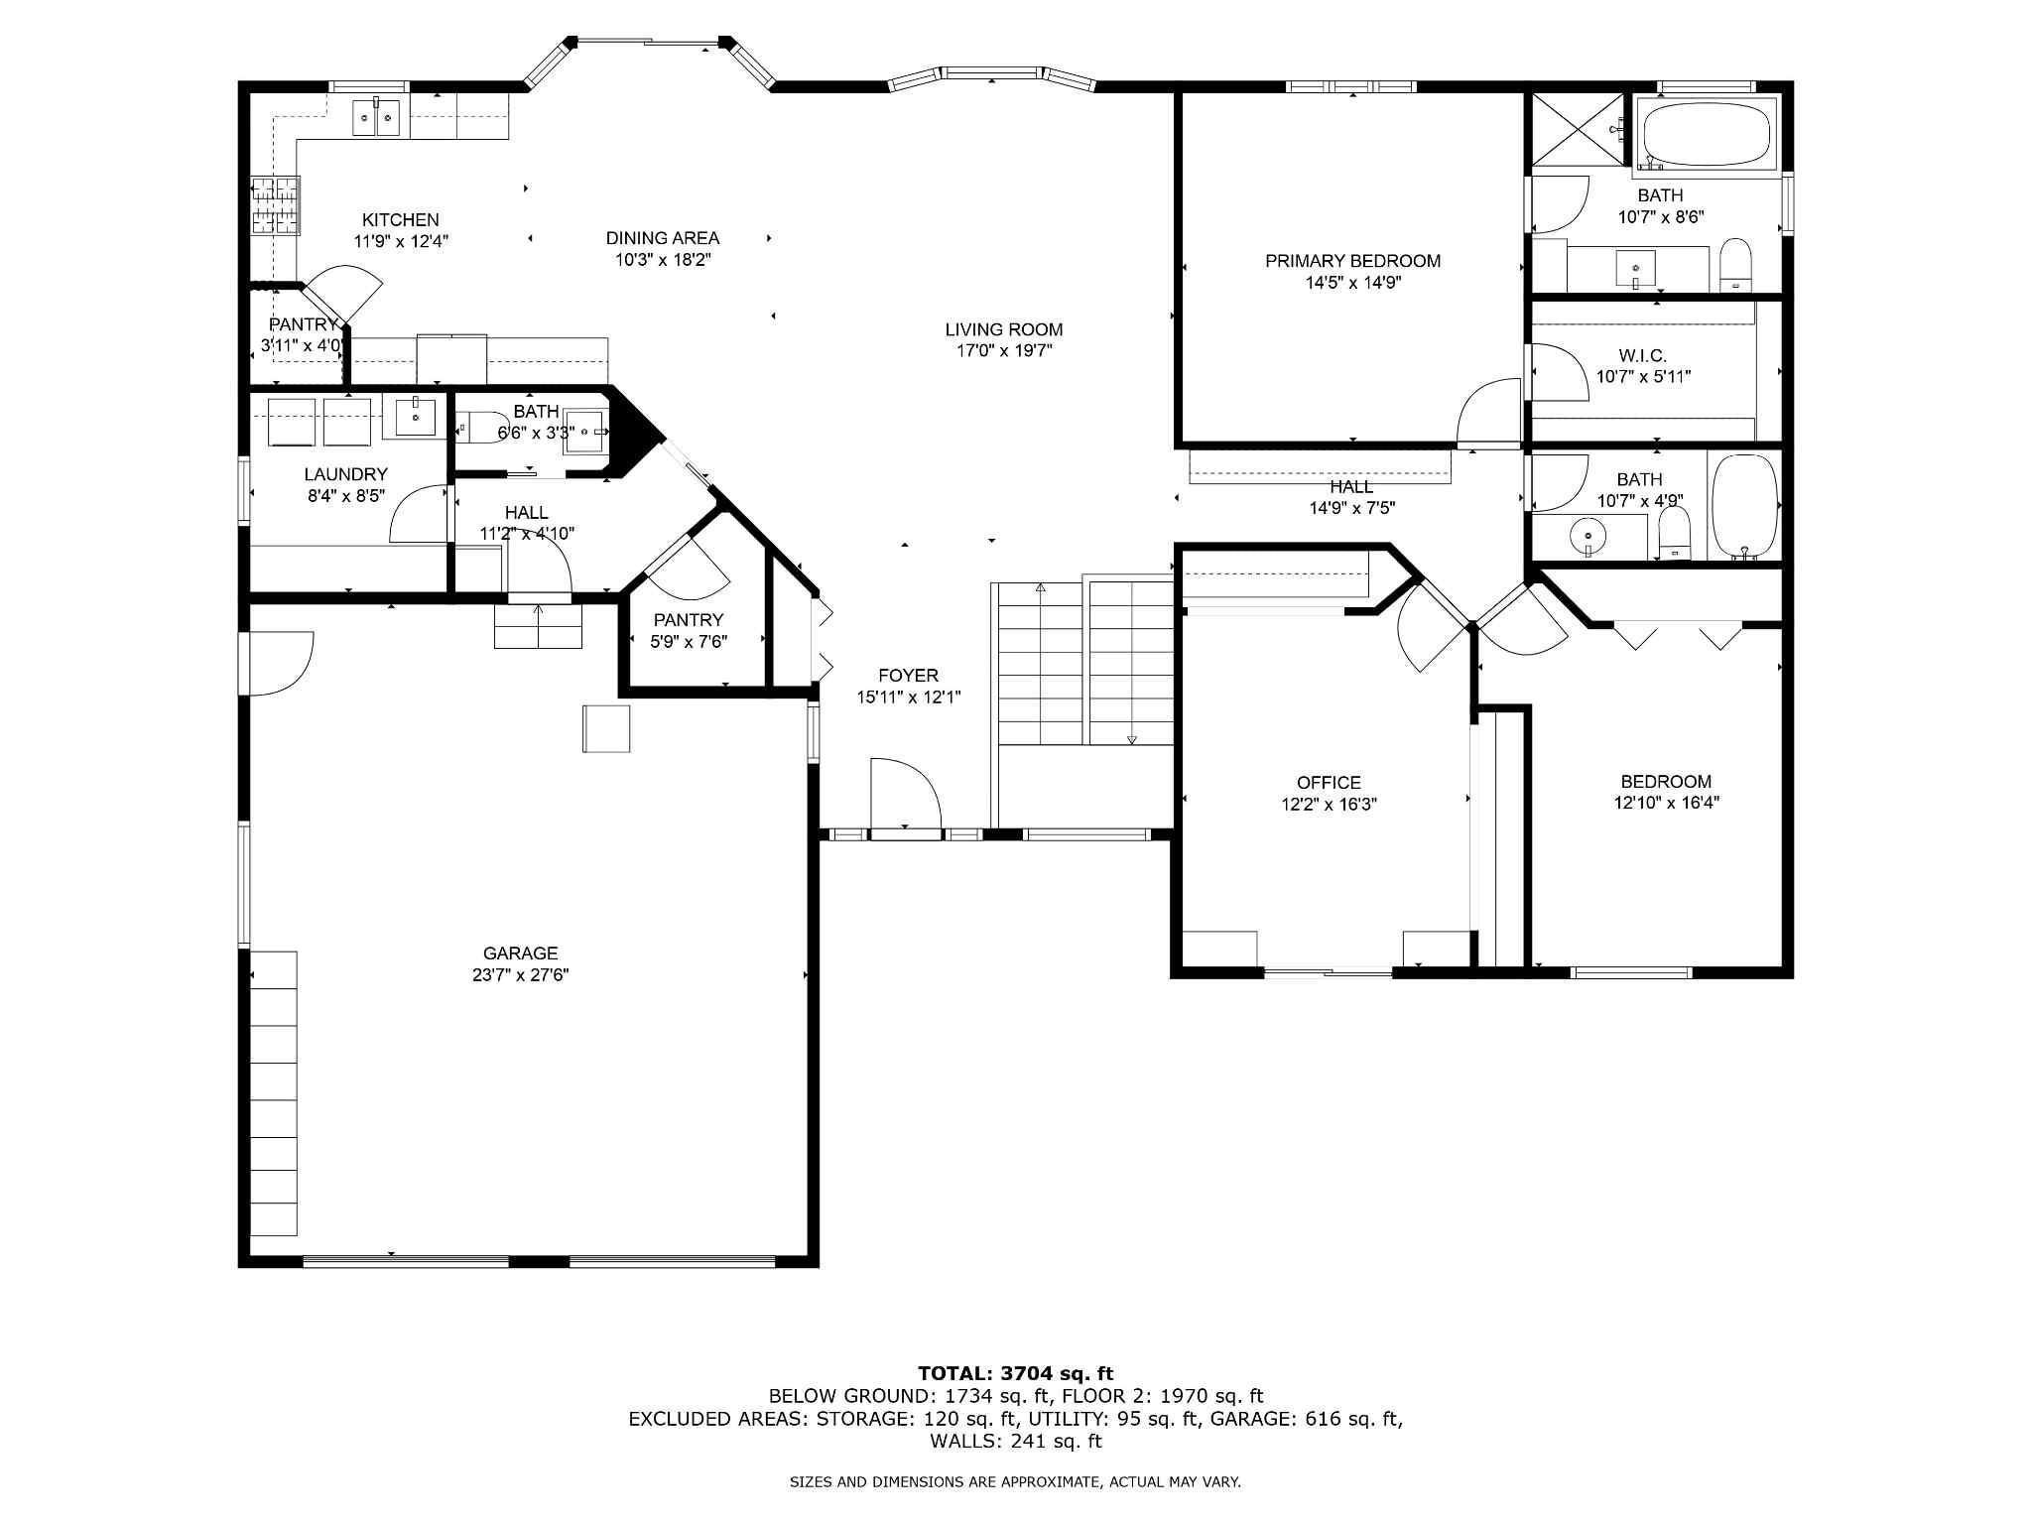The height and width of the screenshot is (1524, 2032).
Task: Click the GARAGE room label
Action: (520, 953)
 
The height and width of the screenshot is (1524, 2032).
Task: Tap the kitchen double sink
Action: (378, 119)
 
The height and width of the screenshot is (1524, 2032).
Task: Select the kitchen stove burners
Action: (274, 206)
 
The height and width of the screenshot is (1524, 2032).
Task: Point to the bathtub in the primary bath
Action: (1706, 137)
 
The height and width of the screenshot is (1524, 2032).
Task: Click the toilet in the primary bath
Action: (1735, 265)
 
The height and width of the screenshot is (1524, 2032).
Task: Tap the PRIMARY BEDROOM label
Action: (1352, 261)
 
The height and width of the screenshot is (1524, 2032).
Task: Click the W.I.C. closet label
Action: (1642, 355)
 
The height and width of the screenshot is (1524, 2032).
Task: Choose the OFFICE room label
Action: (1329, 783)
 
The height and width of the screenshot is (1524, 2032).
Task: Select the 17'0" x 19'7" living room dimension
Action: (1003, 350)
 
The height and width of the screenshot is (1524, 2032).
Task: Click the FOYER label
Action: (908, 676)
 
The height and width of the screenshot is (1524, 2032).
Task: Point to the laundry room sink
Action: (415, 418)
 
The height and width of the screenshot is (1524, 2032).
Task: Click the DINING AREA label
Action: (663, 238)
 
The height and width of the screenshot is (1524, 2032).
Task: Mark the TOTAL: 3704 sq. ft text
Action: (1016, 1374)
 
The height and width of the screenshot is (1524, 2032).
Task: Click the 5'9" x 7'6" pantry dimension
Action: (689, 642)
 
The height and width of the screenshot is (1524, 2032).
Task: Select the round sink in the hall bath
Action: (1587, 537)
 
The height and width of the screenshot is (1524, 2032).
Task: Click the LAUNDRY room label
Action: (345, 474)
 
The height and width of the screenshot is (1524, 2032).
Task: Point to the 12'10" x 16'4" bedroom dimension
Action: (1666, 803)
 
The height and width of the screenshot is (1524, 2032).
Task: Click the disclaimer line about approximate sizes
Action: (1015, 1482)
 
